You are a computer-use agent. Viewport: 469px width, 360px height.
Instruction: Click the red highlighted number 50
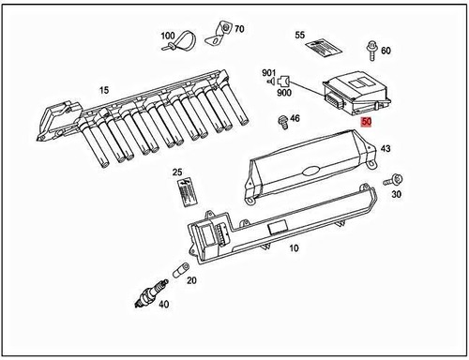tap(366, 122)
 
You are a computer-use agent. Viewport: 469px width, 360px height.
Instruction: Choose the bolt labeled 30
tap(394, 179)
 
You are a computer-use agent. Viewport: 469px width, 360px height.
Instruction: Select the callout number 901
tap(268, 73)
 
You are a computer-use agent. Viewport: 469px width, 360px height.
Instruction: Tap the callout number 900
tap(283, 92)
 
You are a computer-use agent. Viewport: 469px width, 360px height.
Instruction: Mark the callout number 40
tap(165, 304)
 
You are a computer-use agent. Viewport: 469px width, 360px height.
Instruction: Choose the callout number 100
tap(167, 36)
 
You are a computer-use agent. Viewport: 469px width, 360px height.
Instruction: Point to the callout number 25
tap(176, 172)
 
